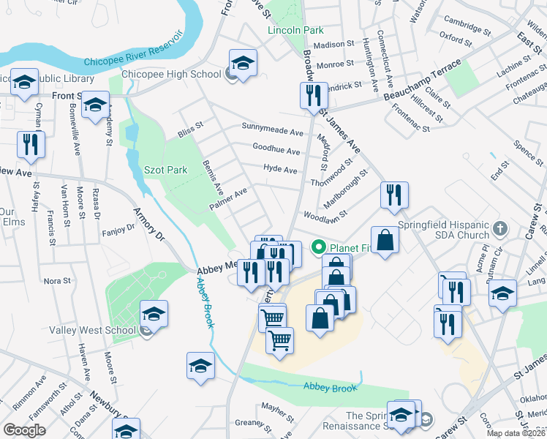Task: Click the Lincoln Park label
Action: point(295,31)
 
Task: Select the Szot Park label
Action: point(165,170)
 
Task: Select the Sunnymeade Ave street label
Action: point(273,132)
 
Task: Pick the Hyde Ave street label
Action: point(280,170)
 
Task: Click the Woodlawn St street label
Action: point(325,217)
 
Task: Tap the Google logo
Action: point(24,430)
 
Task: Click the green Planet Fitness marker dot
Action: point(318,247)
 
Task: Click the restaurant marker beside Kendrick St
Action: point(312,96)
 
